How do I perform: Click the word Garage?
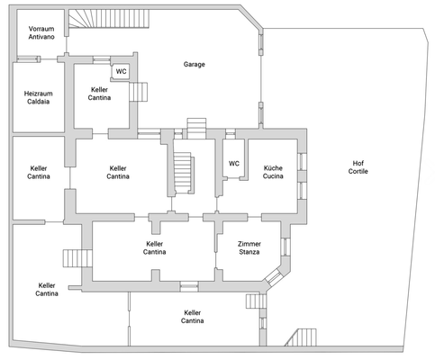tap(195, 65)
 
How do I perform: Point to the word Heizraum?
tap(37, 93)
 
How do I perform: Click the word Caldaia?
tap(37, 102)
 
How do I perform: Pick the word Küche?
tap(273, 168)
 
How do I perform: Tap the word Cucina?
tap(273, 177)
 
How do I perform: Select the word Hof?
tap(359, 163)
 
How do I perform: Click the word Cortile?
tap(359, 172)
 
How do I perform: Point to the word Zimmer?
tap(249, 244)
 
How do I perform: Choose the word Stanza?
tap(249, 253)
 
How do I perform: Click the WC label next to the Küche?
tap(234, 164)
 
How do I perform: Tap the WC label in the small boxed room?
tap(121, 72)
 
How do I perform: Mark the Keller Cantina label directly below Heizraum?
tap(39, 173)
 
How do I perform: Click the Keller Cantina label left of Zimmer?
tap(155, 247)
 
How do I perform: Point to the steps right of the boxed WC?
tap(140, 91)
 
